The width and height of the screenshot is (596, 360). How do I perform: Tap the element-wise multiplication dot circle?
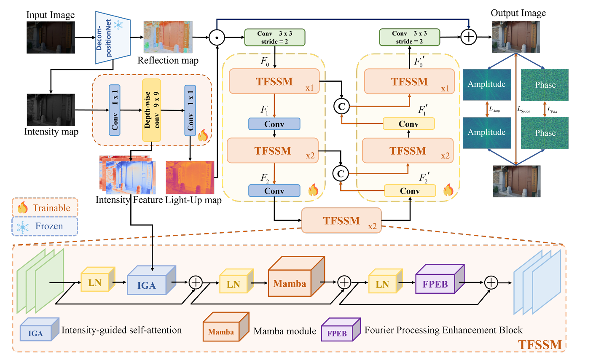click(217, 38)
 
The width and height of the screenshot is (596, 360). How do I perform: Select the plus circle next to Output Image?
click(469, 37)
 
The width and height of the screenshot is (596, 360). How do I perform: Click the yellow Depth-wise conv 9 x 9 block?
click(152, 110)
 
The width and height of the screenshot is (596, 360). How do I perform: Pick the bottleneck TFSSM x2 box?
click(341, 220)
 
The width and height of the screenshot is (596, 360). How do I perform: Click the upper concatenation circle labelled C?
click(341, 107)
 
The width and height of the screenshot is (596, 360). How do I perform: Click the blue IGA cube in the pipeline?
click(150, 281)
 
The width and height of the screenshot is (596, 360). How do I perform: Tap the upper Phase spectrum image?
click(545, 85)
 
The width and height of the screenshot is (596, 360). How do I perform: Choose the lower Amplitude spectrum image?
click(487, 132)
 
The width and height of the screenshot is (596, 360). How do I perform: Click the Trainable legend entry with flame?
click(45, 208)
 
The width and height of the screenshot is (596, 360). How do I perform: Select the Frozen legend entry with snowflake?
click(45, 226)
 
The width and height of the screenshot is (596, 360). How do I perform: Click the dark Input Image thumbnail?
click(51, 38)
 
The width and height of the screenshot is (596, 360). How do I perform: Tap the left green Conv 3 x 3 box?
click(274, 38)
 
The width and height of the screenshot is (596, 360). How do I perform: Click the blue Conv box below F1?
click(274, 124)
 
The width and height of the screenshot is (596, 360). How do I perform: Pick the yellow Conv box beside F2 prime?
click(410, 191)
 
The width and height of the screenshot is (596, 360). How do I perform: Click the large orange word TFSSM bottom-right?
click(540, 344)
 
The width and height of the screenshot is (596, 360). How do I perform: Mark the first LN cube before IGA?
click(96, 280)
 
